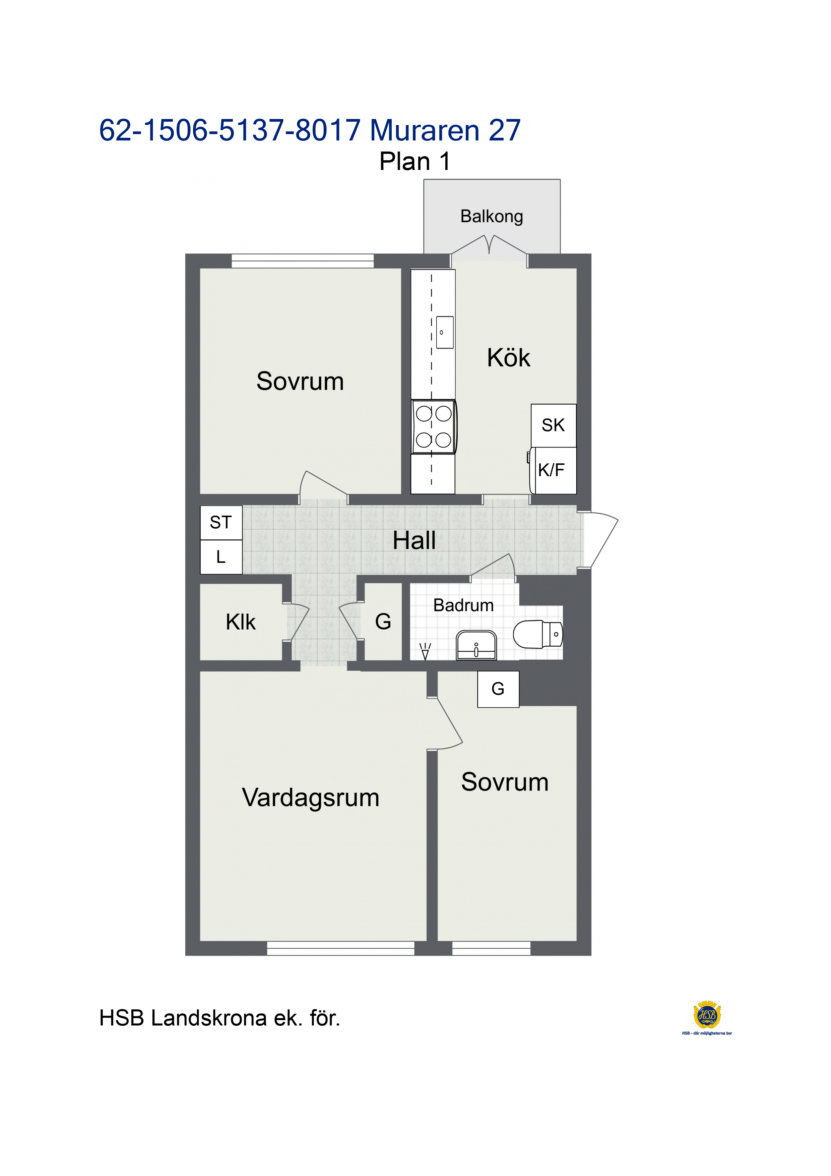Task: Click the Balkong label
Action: coord(492,217)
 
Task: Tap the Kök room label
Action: coord(508,357)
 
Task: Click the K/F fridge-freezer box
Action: coord(554,471)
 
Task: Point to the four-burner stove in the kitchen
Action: coord(434,427)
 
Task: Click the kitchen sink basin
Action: coord(444,333)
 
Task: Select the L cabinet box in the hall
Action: coord(221,557)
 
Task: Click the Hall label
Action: coord(414,540)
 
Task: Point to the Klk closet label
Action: coord(241,622)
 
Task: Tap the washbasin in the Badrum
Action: coord(476,645)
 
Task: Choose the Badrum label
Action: coord(463,605)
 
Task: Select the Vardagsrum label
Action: coord(311,798)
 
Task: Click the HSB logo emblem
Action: coord(707,1015)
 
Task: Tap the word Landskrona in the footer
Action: coord(209,1018)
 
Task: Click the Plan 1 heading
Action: coord(415,161)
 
